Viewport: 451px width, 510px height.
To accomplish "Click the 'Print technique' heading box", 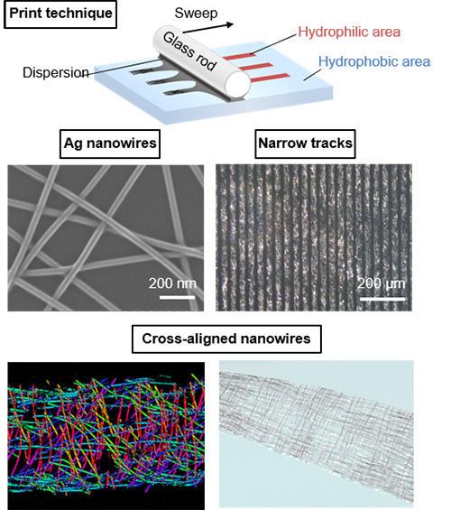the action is (60, 14).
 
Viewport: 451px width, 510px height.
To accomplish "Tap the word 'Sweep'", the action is (196, 13).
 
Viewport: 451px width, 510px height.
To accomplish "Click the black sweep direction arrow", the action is (208, 28).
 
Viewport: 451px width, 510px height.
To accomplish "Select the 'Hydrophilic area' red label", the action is (349, 32).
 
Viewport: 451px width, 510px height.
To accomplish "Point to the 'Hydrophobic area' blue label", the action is (374, 61).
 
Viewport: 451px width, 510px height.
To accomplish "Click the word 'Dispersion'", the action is (56, 72).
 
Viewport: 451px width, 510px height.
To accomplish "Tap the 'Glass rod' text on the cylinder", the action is (189, 51).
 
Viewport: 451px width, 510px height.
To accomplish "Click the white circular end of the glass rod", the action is (237, 84).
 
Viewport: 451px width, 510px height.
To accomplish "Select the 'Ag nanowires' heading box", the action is (110, 144).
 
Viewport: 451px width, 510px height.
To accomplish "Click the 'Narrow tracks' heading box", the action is (305, 144).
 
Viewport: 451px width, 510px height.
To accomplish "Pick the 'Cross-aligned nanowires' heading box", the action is (226, 338).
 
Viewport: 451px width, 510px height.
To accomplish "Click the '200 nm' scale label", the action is (172, 283).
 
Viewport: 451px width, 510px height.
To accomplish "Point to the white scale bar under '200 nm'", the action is (177, 297).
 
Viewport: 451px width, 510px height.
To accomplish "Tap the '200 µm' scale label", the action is (382, 283).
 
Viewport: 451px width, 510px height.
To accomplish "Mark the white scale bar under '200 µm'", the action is (382, 299).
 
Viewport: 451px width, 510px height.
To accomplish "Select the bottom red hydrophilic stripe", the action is (271, 78).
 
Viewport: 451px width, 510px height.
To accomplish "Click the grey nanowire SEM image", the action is (106, 237).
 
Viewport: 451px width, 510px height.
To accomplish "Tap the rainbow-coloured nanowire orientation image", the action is (106, 435).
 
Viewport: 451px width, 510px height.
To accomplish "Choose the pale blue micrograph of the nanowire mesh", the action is (317, 434).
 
